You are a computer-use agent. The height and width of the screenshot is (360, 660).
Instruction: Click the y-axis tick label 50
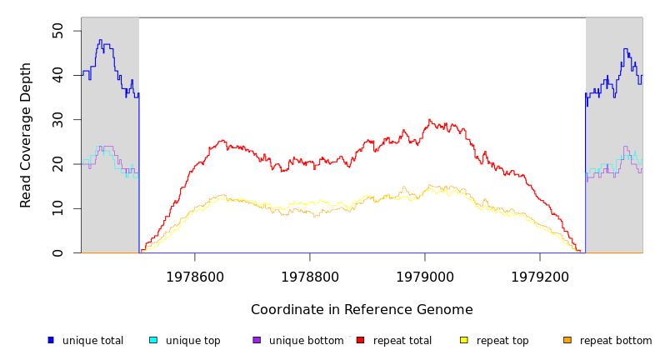click(x=57, y=31)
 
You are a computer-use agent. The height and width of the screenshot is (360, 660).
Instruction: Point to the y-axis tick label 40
click(x=57, y=75)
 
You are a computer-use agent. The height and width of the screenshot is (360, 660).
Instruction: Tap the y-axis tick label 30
click(x=57, y=120)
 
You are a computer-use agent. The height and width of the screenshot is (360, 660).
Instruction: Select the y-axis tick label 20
click(x=57, y=164)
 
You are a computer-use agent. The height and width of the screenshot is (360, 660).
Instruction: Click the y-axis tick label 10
click(x=57, y=208)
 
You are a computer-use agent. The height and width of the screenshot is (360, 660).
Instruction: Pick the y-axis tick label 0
click(x=57, y=252)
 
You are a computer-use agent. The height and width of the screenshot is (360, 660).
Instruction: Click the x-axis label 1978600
click(x=195, y=277)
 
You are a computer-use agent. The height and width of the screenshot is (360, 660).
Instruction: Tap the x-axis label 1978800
click(x=310, y=277)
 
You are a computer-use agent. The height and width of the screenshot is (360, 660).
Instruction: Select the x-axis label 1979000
click(x=425, y=277)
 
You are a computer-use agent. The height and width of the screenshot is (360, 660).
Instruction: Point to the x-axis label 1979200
click(x=540, y=277)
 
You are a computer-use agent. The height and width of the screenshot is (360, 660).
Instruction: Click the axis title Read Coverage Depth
click(x=27, y=135)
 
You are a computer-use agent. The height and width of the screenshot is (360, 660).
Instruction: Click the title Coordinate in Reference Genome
click(x=362, y=310)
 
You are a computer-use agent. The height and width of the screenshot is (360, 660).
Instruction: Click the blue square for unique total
click(x=51, y=340)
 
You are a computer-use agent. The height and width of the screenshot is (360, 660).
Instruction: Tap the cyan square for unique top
click(x=153, y=340)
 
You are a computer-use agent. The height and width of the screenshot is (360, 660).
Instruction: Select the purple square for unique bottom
click(x=257, y=340)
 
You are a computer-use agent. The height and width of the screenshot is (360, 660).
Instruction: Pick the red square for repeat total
click(x=360, y=340)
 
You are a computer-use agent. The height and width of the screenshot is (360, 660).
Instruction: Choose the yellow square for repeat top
click(x=464, y=340)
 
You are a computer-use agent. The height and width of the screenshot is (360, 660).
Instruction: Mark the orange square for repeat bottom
click(x=567, y=340)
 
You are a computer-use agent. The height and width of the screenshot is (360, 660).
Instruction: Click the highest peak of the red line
click(x=429, y=120)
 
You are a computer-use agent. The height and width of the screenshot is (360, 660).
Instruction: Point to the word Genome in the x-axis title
click(x=447, y=310)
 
